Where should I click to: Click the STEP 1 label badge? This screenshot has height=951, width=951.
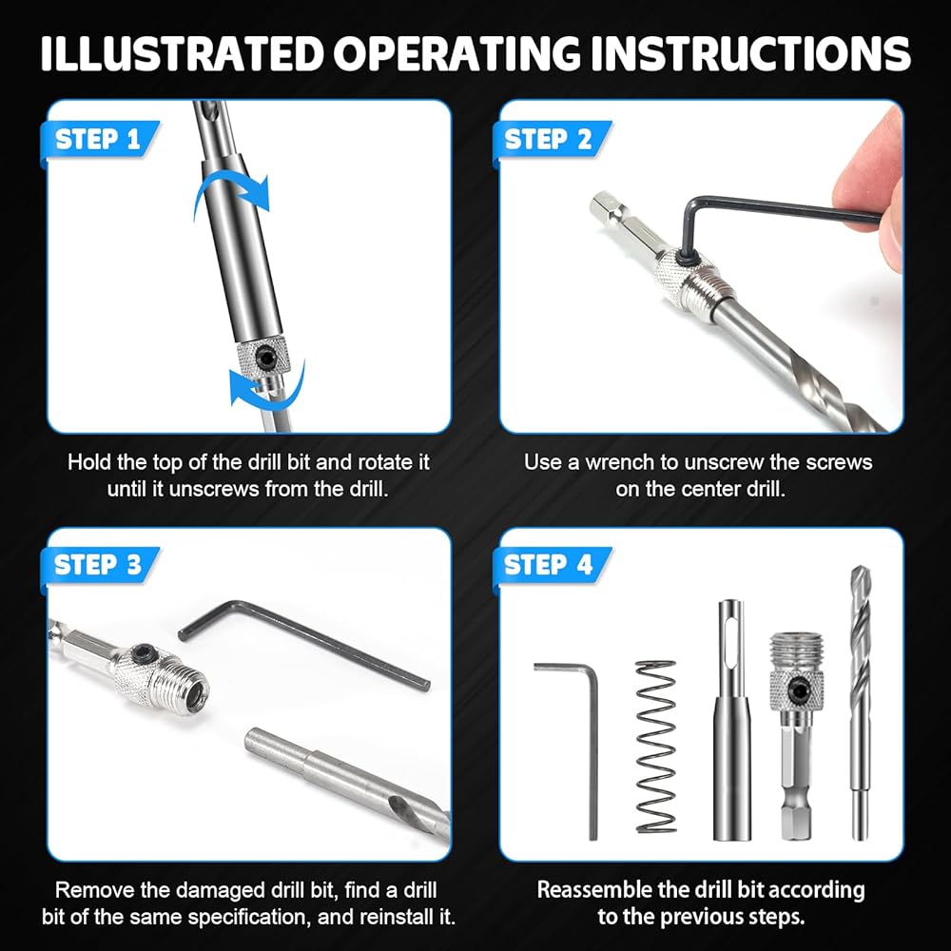(99, 141)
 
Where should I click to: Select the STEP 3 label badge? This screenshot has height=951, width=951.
(99, 566)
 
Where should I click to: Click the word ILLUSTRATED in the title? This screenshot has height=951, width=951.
(181, 53)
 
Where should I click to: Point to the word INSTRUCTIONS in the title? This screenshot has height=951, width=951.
(750, 53)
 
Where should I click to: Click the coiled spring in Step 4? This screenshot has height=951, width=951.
(655, 747)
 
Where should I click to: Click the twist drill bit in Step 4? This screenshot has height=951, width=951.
(860, 703)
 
